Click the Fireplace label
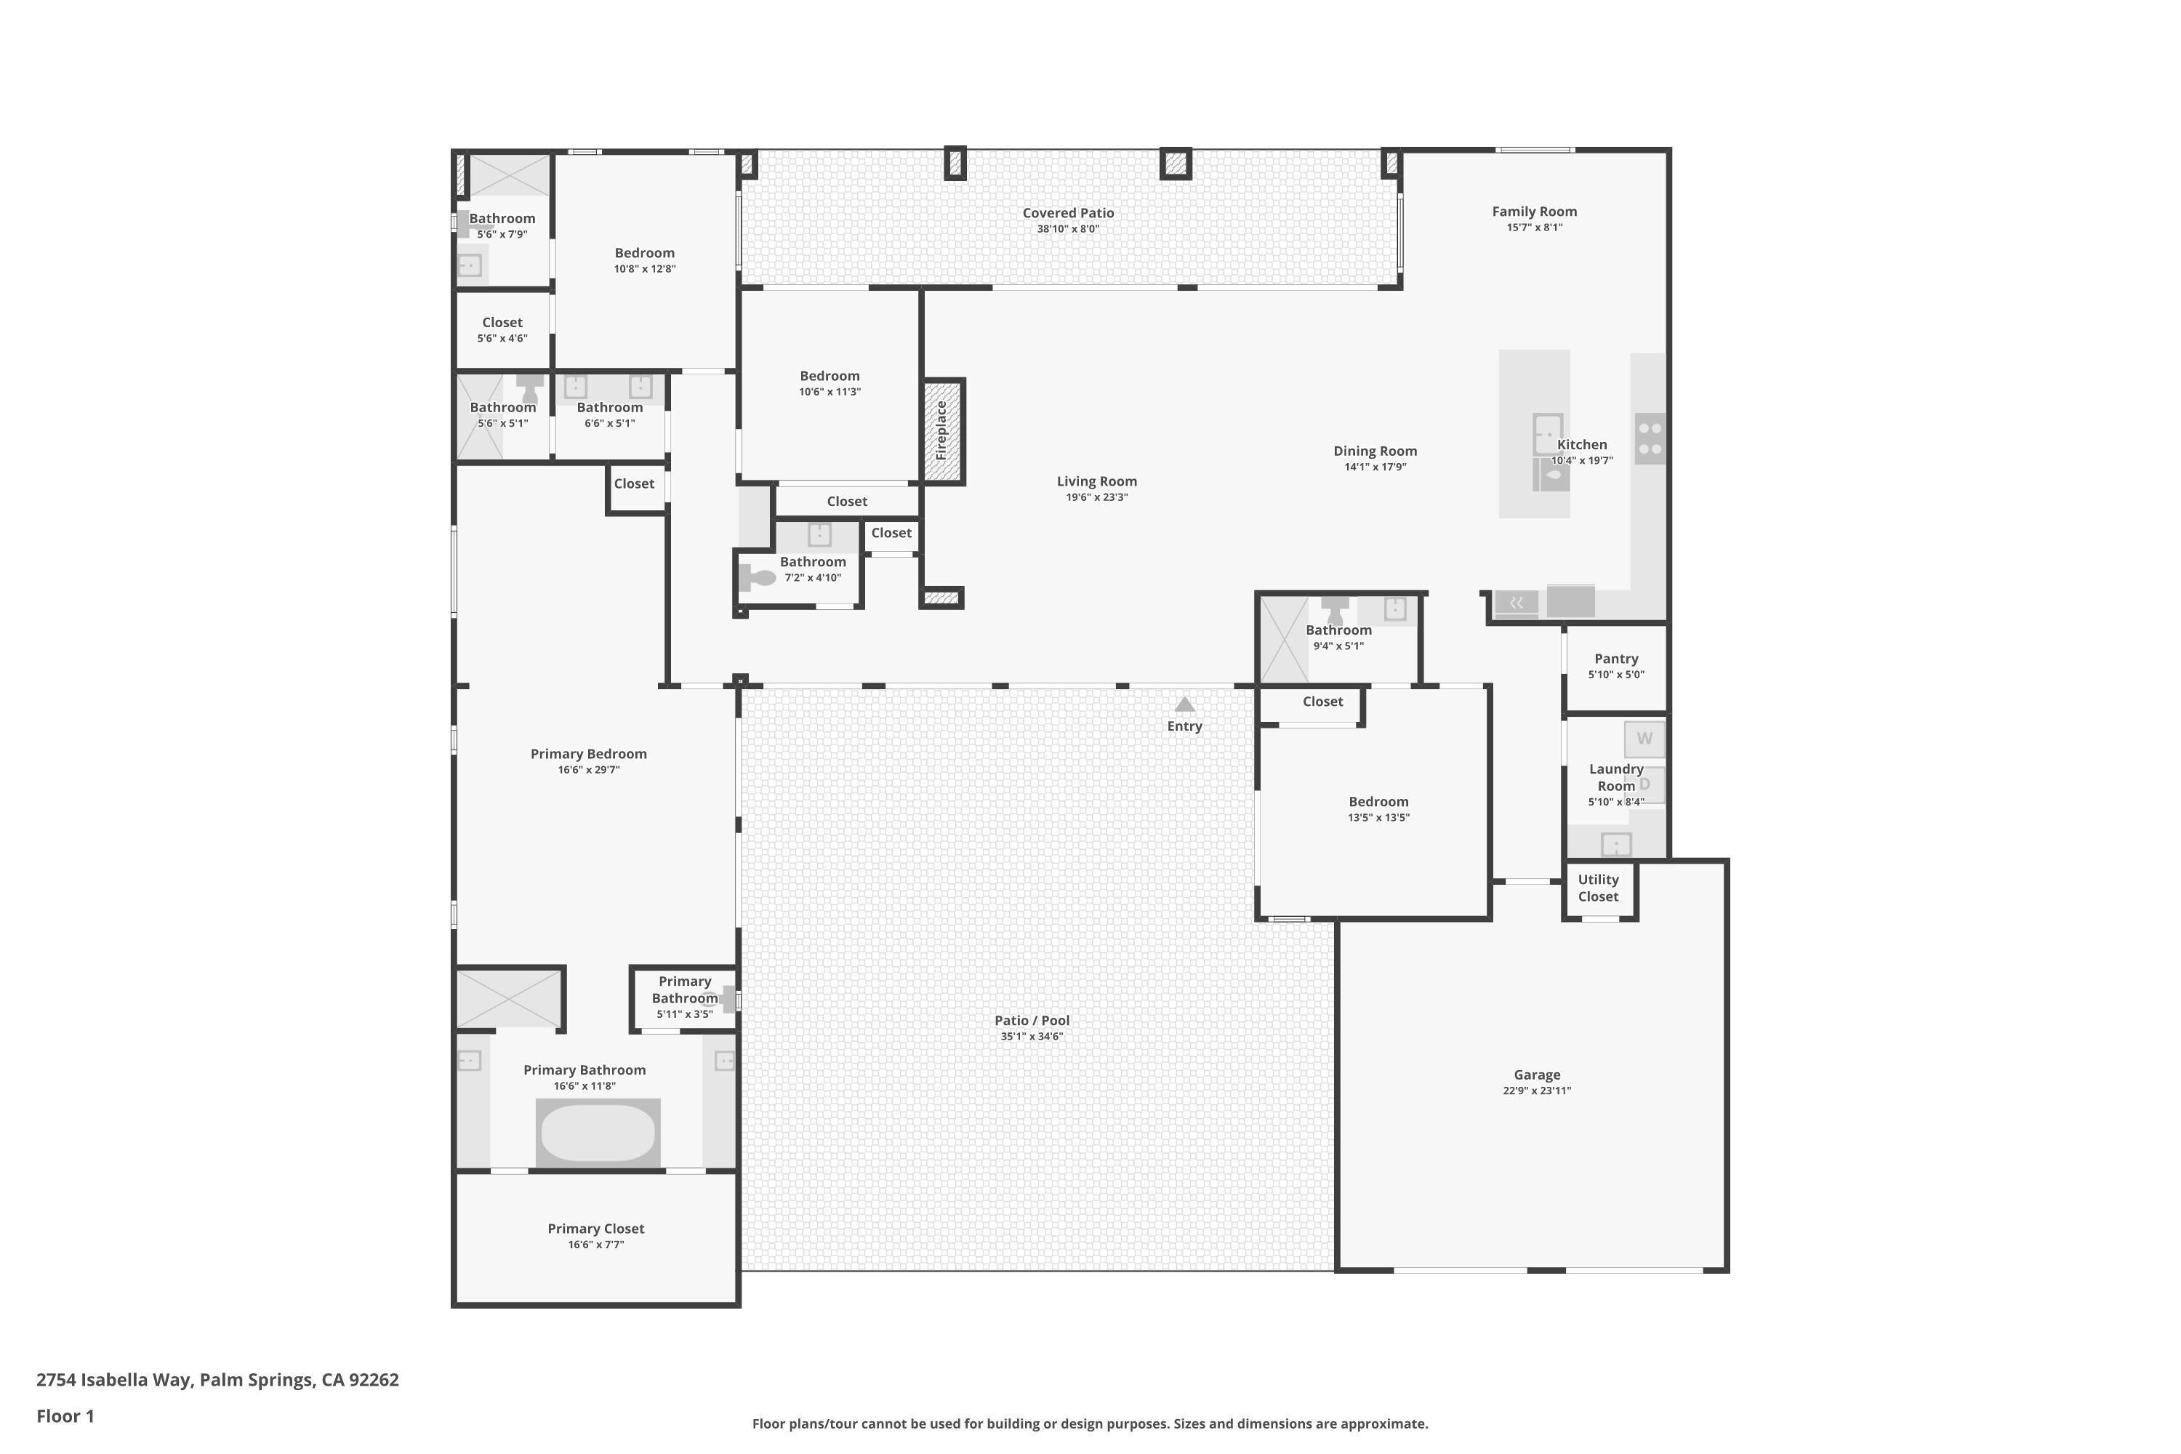(x=941, y=430)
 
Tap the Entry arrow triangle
(x=1184, y=704)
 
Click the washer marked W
(x=1644, y=739)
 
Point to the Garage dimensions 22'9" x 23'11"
(x=1537, y=1090)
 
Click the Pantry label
(x=1615, y=659)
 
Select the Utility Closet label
(x=1598, y=888)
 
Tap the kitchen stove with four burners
(x=1650, y=438)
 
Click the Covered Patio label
(x=1068, y=212)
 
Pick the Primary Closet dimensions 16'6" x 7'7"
(x=595, y=1245)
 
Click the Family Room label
(x=1534, y=212)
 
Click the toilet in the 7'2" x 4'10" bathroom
(x=758, y=579)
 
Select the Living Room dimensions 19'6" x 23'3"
(x=1096, y=497)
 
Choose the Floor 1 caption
(x=65, y=1416)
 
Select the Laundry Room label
(x=1615, y=777)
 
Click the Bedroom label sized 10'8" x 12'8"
(x=644, y=252)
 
